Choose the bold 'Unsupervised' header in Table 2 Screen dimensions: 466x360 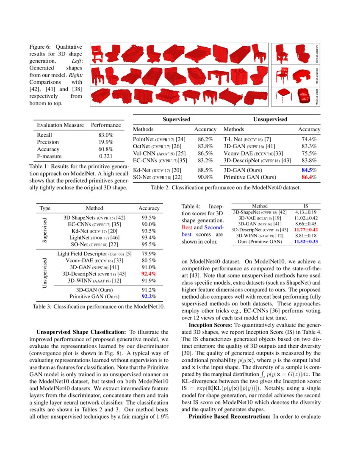click(x=270, y=119)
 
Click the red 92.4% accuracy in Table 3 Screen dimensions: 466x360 click(x=148, y=274)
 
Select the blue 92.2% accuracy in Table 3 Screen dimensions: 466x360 click(x=148, y=297)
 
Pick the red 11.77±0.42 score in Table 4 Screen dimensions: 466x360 click(x=306, y=230)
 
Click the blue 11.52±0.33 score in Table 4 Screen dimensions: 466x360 click(x=306, y=241)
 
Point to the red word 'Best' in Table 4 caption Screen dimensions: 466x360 click(x=186, y=227)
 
